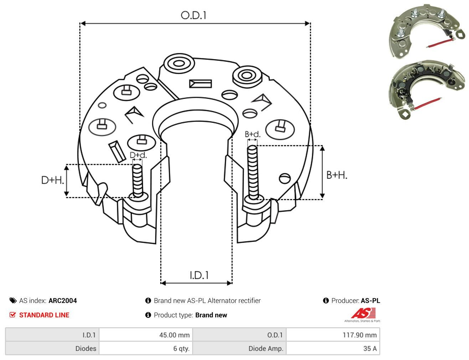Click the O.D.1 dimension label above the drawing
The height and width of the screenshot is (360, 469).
pos(194,15)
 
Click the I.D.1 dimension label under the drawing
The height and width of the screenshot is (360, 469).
pos(199,275)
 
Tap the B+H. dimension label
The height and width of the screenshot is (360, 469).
pos(337,175)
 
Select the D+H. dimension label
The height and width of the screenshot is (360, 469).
pos(53,180)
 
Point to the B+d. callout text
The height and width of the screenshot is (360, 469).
pos(253,134)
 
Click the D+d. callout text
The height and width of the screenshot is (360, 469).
pos(138,155)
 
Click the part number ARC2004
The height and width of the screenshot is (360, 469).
pos(63,301)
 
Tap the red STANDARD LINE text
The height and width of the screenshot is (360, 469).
pos(44,315)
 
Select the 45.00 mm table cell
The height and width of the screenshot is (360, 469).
pos(146,335)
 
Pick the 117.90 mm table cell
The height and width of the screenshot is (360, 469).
pos(333,335)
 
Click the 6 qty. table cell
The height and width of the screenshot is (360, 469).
pos(146,348)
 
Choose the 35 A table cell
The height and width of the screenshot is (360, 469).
pos(333,348)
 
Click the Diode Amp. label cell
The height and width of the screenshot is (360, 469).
pos(239,348)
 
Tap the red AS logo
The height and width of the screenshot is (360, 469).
pos(364,313)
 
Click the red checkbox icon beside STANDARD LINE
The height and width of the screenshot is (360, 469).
pos(12,315)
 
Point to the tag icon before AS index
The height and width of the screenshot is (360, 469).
pos(13,301)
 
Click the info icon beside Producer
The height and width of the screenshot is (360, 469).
pos(326,301)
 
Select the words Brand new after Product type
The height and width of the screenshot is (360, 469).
pos(211,315)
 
